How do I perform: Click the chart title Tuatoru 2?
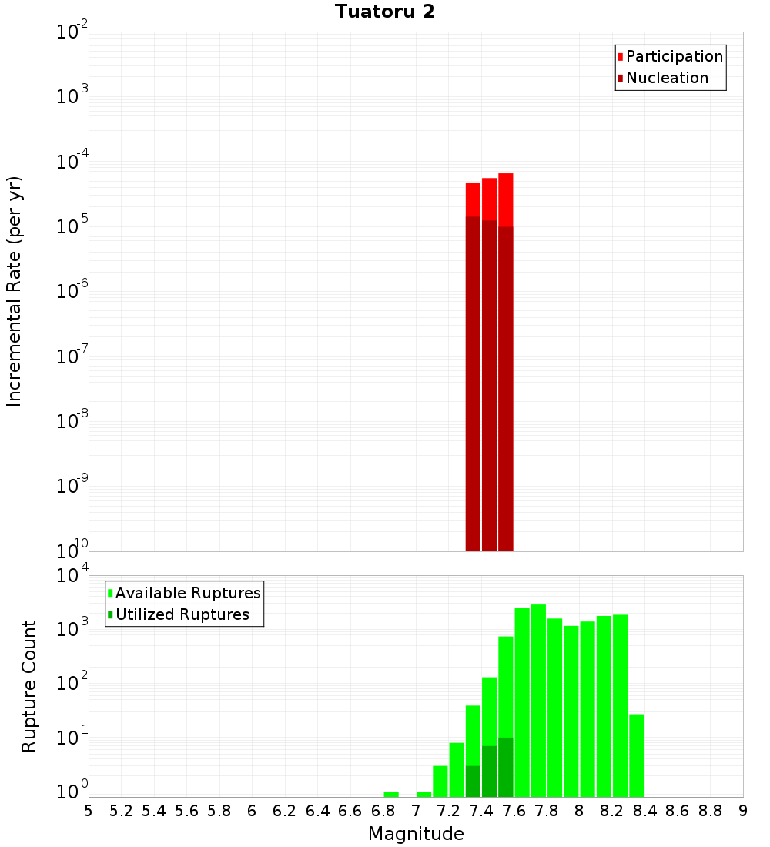tap(384, 12)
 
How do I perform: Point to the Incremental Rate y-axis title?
tap(15, 291)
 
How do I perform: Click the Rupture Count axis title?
tap(29, 686)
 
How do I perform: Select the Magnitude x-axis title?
tap(416, 834)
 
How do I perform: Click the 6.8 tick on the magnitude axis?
tap(383, 811)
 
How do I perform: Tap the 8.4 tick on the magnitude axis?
tap(644, 811)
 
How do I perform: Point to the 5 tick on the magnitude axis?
tap(89, 811)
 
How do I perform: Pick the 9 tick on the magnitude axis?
tap(742, 811)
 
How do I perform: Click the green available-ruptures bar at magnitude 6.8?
tap(391, 794)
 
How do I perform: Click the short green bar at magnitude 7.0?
tap(423, 794)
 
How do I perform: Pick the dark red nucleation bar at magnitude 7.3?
tap(473, 385)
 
